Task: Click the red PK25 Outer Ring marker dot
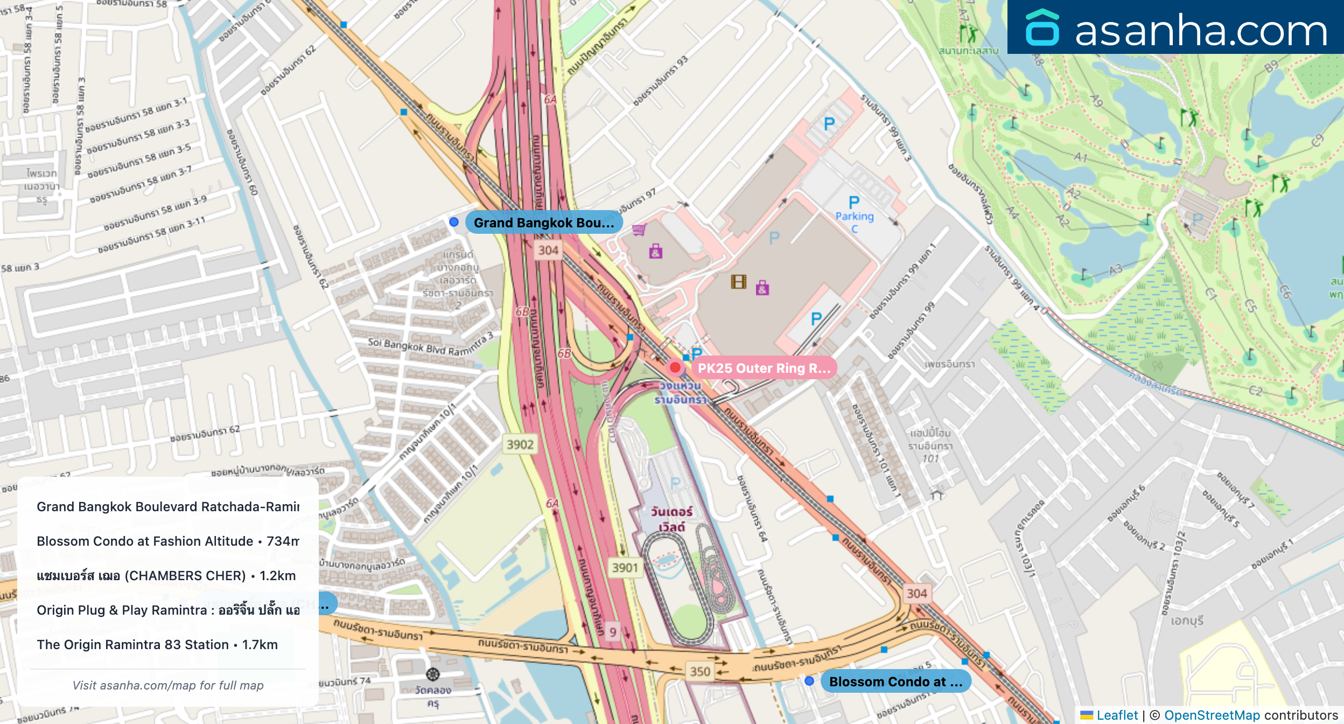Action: pos(675,368)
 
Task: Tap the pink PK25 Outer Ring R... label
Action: pos(764,368)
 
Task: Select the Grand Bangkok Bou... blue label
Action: pos(543,222)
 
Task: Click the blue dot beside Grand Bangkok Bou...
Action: pos(454,222)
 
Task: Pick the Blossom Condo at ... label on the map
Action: pos(895,681)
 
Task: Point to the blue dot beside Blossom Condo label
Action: pos(809,681)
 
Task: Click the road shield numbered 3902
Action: pos(520,444)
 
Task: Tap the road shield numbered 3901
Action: pos(625,568)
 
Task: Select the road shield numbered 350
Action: pos(700,671)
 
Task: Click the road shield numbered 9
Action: pos(613,632)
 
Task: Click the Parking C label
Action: pos(855,216)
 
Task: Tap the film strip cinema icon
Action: pos(738,281)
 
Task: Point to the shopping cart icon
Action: pos(639,230)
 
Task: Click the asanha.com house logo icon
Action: pos(1042,27)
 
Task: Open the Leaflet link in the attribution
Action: pos(1117,715)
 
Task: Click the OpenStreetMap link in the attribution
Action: pos(1212,715)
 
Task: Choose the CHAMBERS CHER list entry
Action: pos(166,575)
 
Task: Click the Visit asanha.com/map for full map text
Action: pos(168,685)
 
